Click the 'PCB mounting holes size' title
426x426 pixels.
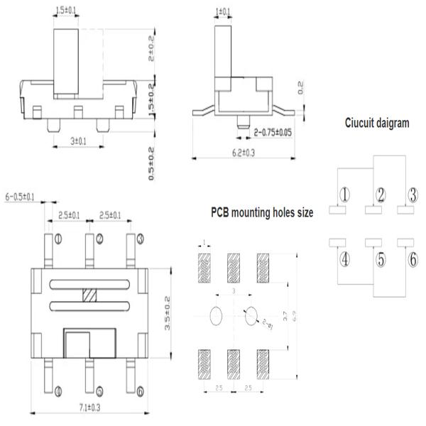coord(262,212)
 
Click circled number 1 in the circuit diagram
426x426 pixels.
coord(344,195)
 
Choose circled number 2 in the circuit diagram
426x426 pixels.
coord(381,195)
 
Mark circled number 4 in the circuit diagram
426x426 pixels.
coord(344,259)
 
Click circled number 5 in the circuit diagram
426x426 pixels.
coord(381,260)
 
